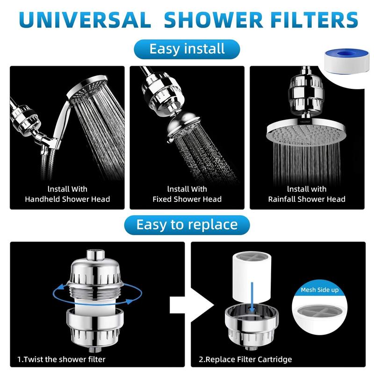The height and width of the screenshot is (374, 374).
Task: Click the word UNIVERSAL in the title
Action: (x=85, y=20)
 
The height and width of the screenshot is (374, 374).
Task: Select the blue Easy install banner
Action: (x=187, y=49)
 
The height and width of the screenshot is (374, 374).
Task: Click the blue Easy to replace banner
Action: (x=187, y=225)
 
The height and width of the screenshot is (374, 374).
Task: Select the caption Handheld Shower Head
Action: (x=67, y=199)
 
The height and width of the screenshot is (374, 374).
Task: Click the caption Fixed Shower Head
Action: (x=187, y=199)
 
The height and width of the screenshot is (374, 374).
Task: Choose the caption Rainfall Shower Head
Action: (x=307, y=199)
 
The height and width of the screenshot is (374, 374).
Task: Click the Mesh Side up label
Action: (x=320, y=290)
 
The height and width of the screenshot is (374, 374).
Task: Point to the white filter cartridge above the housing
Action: (x=252, y=277)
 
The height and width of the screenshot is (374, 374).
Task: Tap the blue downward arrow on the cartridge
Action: (x=252, y=296)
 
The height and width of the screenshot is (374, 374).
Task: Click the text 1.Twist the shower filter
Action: (x=61, y=359)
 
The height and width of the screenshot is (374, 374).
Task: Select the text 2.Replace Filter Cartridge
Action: (x=245, y=359)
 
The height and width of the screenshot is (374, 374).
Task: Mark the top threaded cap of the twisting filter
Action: (x=95, y=255)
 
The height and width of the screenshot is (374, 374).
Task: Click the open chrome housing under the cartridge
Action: (x=252, y=326)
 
